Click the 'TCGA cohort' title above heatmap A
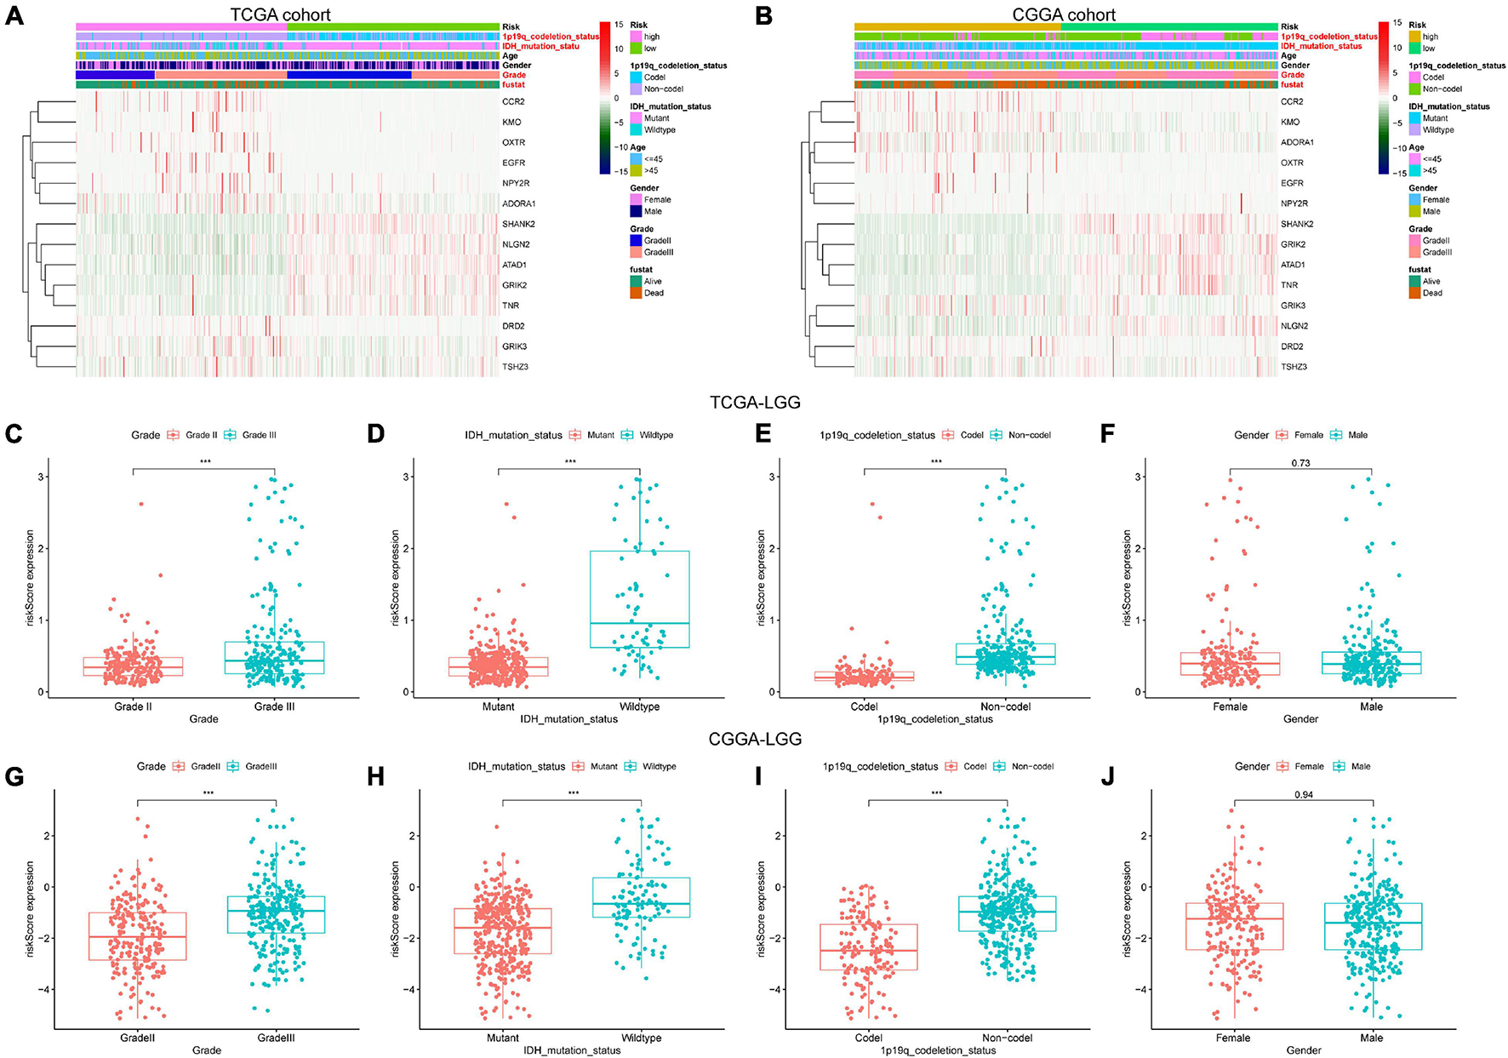point(281,14)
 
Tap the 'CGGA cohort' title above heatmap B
point(1064,14)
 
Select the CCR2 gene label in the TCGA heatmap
point(512,102)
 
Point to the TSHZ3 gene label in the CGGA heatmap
point(1294,367)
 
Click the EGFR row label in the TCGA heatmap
point(513,163)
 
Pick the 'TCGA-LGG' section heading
point(755,403)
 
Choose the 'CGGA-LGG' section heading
point(755,739)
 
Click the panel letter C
point(14,434)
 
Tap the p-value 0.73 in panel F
point(1300,463)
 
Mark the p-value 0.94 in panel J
point(1303,794)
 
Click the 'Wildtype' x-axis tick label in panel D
point(639,706)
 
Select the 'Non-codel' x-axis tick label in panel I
point(1008,1038)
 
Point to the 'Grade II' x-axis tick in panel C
point(133,706)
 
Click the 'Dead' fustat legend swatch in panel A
point(636,293)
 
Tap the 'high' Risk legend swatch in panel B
point(1414,37)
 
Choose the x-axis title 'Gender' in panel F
point(1300,719)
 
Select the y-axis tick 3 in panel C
point(42,477)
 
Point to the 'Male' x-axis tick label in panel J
point(1372,1038)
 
